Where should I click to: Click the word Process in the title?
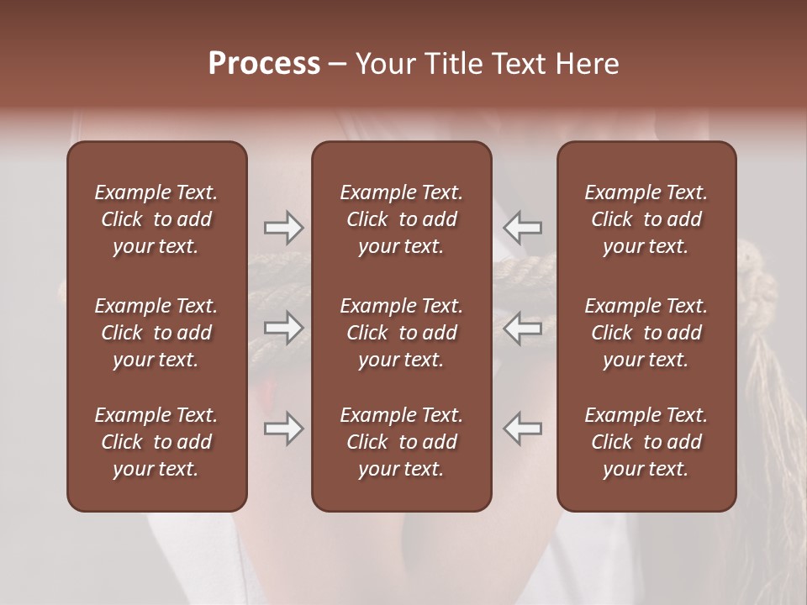264,64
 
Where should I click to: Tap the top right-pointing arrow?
283,227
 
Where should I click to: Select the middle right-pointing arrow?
283,328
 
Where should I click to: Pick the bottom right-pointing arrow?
283,429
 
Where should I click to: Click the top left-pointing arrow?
522,227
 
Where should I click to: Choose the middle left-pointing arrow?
522,328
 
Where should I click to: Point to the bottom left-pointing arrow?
522,429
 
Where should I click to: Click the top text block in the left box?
156,219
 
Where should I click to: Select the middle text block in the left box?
156,333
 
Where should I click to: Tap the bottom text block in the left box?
156,442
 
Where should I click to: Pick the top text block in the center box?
401,219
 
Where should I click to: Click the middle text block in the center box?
401,333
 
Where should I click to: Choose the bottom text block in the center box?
401,442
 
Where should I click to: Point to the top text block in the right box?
646,219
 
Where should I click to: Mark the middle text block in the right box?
646,333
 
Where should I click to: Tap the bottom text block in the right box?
646,442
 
